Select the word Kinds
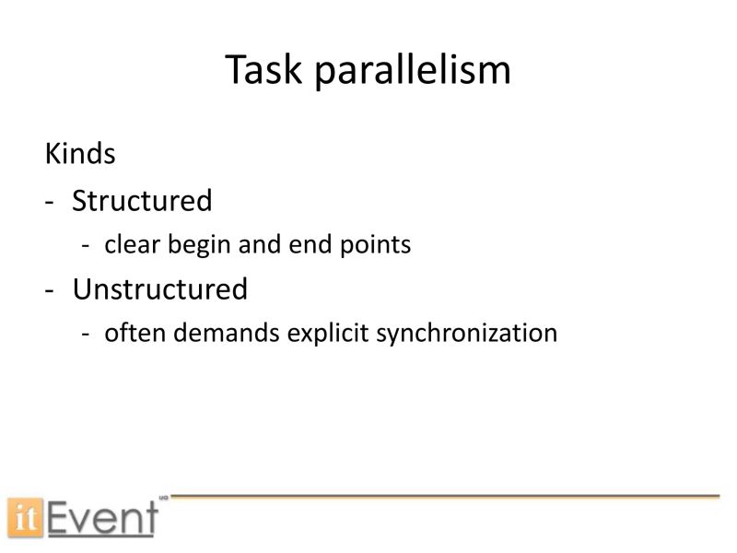coord(80,154)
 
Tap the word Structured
coord(142,200)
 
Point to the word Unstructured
coord(160,289)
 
